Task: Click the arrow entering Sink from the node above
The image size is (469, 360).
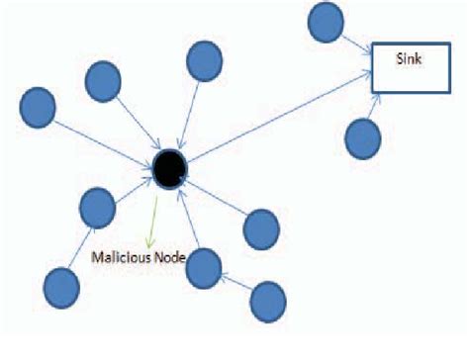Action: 355,42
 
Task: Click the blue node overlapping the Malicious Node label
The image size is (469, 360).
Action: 203,267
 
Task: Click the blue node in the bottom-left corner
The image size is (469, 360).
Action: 61,288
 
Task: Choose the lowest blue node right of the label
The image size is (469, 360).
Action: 268,299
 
